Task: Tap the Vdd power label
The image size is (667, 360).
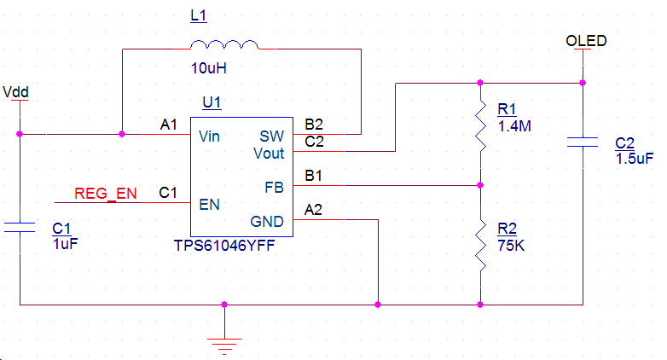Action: click(16, 90)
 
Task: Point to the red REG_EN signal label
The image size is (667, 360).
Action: click(105, 194)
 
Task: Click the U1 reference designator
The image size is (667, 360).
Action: click(212, 103)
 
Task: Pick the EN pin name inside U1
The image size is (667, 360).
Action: click(208, 205)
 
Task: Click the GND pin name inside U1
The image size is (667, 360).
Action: click(267, 222)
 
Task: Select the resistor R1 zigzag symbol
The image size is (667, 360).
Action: click(480, 132)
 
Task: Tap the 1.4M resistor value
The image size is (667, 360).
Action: click(513, 126)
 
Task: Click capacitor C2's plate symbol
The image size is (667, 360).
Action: click(583, 142)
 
